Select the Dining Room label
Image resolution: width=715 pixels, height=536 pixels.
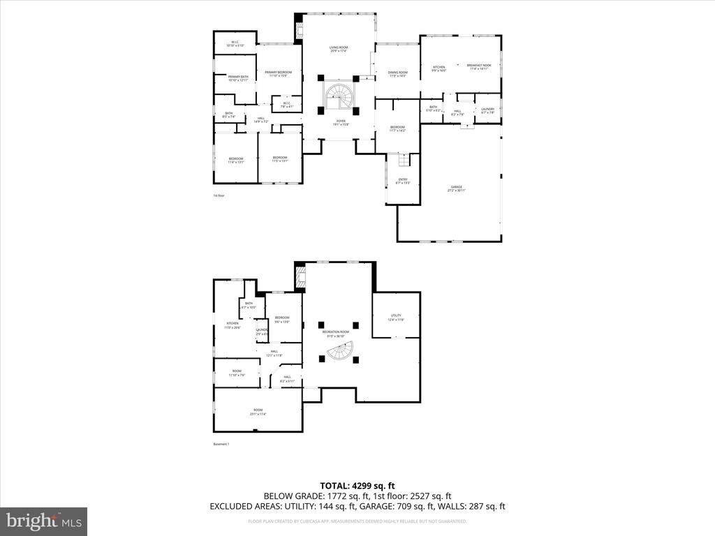pos(397,73)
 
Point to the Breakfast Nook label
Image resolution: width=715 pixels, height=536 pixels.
pos(479,67)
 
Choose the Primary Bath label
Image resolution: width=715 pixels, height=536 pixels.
pos(238,78)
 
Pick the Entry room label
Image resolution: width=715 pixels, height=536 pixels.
pos(403,181)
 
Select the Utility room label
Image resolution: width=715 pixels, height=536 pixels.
pos(396,318)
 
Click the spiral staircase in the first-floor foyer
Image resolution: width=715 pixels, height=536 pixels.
pos(339,98)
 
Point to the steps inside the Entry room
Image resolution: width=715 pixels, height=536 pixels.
pos(404,162)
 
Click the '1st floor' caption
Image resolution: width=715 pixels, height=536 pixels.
pos(219,195)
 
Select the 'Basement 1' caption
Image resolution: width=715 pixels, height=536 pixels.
pos(221,444)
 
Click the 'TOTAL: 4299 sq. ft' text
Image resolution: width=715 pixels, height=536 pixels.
pos(357,486)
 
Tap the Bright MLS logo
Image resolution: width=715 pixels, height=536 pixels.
pos(43,521)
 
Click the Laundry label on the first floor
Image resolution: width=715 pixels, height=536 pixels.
pos(487,110)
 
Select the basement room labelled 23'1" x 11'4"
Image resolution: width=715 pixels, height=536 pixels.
pos(258,412)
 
